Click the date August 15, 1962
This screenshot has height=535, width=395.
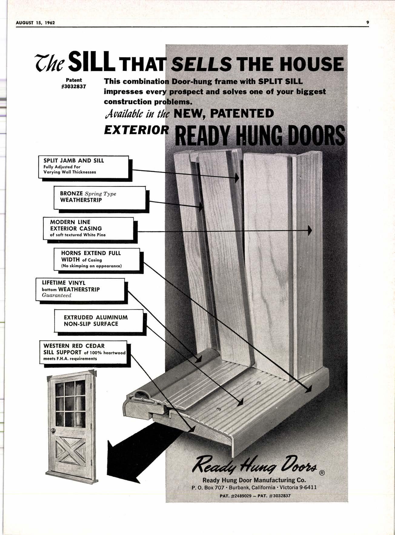click(x=35, y=23)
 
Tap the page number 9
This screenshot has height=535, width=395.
click(x=367, y=22)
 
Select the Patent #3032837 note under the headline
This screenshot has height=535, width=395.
click(x=74, y=83)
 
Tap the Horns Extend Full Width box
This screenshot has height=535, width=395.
click(x=97, y=259)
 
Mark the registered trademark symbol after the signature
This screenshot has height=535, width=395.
click(x=322, y=474)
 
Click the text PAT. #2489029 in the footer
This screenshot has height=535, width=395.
click(x=235, y=496)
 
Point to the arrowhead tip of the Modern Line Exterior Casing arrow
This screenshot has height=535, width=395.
click(x=310, y=230)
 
